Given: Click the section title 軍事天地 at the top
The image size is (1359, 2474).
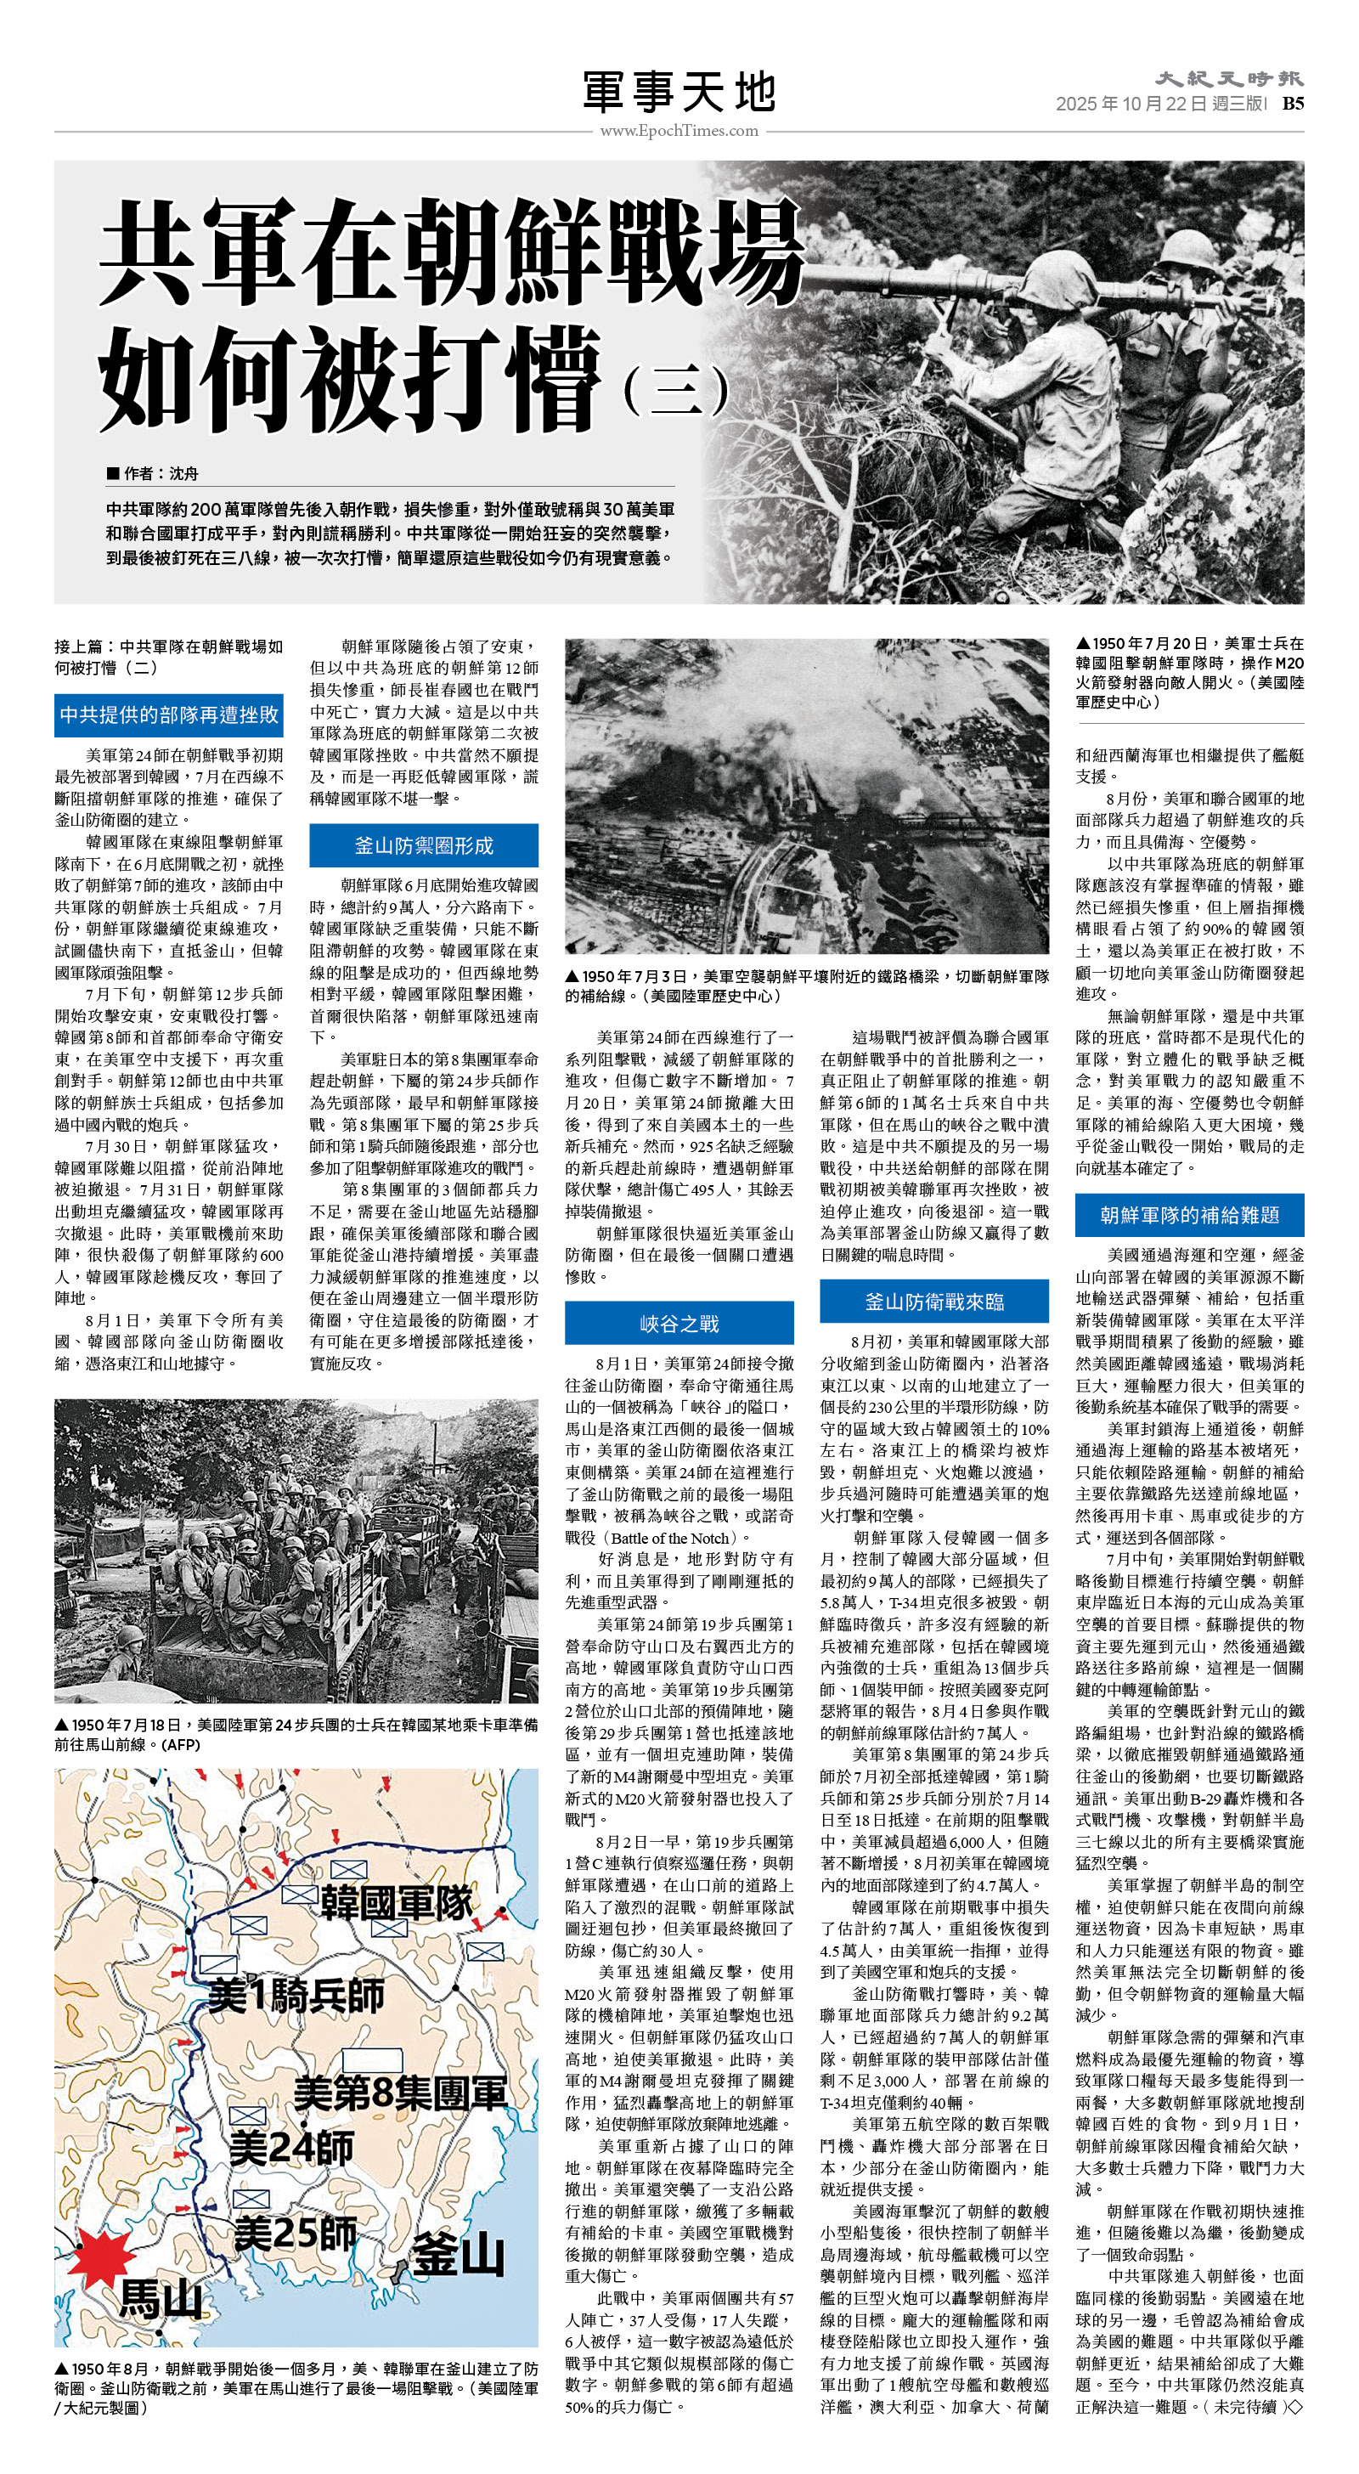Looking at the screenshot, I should point(679,93).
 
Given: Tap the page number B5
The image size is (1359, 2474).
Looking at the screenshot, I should point(1293,104).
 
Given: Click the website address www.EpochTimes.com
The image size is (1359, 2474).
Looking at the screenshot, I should point(679,131).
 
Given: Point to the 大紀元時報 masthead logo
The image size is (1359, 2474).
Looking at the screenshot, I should point(1229,79).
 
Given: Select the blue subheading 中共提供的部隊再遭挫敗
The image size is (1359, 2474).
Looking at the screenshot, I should point(169,715).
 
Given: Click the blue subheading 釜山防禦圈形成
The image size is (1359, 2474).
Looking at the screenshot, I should point(424,845).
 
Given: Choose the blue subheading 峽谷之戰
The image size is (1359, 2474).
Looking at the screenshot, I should point(679,1324).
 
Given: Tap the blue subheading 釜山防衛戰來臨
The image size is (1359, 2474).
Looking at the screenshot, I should point(933,1302).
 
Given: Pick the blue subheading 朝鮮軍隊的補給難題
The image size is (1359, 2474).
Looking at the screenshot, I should point(1189,1215).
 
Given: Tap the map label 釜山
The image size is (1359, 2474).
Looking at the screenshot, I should point(458,2255).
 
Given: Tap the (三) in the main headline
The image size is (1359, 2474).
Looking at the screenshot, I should point(675,390).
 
